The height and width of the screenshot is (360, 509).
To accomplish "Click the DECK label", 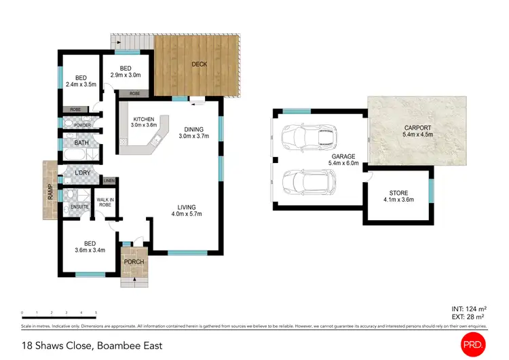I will [x=199, y=65].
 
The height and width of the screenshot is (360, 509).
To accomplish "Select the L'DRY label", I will [x=82, y=173].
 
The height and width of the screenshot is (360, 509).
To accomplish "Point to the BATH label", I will [x=81, y=143].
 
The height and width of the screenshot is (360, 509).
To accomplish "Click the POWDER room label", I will [x=82, y=125].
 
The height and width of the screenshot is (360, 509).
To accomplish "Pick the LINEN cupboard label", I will [x=109, y=181].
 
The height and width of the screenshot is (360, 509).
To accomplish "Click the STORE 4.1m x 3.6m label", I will [x=398, y=196].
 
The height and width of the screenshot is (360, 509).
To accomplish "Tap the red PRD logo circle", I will [x=472, y=344].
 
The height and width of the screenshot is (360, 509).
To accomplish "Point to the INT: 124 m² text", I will [x=468, y=310].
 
